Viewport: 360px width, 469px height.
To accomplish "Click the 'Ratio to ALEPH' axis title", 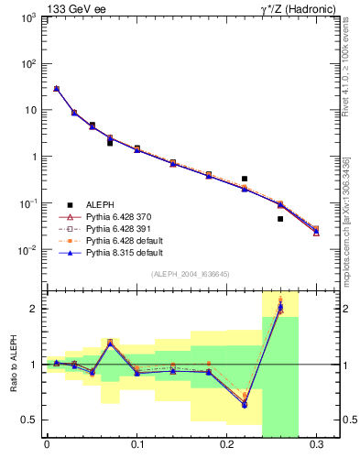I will (12, 365).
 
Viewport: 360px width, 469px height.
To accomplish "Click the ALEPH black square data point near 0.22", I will (245, 179).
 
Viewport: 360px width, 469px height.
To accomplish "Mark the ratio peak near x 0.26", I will (280, 307).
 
